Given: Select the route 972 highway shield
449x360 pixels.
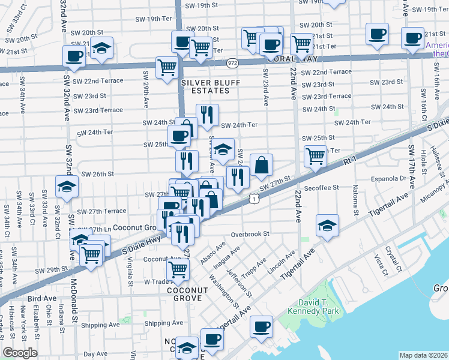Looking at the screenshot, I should point(233,62).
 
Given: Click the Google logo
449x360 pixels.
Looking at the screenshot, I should point(20,353).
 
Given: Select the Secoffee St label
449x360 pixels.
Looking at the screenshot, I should point(322,187).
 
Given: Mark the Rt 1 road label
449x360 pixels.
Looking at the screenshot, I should point(350,161).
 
